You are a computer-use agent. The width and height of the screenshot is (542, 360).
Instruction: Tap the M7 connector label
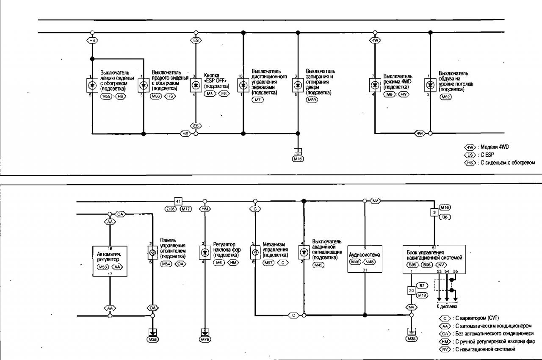tap(257, 100)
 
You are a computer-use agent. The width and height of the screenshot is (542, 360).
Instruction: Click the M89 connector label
tap(312, 100)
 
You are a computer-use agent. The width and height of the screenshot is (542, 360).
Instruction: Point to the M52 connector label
tap(445, 97)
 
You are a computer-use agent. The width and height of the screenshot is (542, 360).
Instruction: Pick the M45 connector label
tap(318, 265)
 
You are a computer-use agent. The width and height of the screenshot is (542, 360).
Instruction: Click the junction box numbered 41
tap(178, 201)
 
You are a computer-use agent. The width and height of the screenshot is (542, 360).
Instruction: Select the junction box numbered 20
tap(411, 291)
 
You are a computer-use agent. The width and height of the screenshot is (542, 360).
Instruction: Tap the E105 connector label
tap(171, 209)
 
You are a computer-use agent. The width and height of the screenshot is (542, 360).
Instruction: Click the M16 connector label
tap(445, 208)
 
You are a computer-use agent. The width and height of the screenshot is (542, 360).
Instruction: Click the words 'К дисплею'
tap(447, 306)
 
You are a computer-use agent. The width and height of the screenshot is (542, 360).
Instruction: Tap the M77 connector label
tap(186, 209)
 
